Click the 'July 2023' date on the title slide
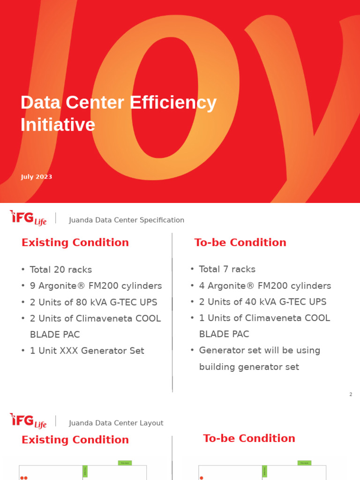click(37, 177)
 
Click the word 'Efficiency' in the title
click(173, 103)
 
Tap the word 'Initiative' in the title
click(58, 125)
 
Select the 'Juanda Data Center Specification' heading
click(127, 220)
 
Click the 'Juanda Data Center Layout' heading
click(116, 423)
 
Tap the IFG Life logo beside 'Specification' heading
click(28, 218)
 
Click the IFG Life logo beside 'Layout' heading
click(28, 420)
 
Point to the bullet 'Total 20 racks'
click(60, 270)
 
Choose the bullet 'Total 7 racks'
click(227, 270)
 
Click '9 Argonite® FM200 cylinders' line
click(96, 286)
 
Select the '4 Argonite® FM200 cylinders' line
click(265, 286)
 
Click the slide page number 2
click(351, 395)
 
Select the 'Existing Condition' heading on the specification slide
click(75, 243)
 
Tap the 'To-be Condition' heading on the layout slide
click(249, 439)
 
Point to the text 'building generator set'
click(249, 367)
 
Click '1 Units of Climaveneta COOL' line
click(264, 318)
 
